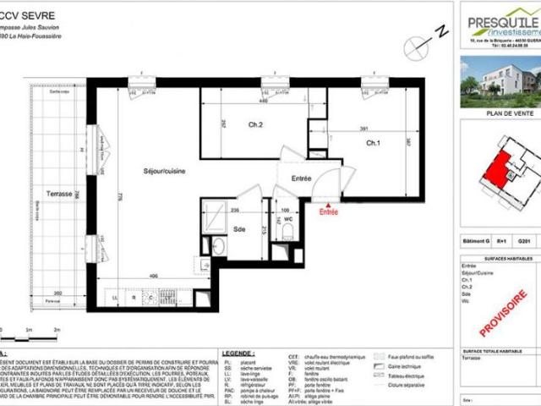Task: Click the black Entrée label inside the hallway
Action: point(302,178)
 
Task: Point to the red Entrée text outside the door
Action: point(327,212)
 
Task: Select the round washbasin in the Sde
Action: point(219,246)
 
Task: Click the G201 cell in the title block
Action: point(523,242)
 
